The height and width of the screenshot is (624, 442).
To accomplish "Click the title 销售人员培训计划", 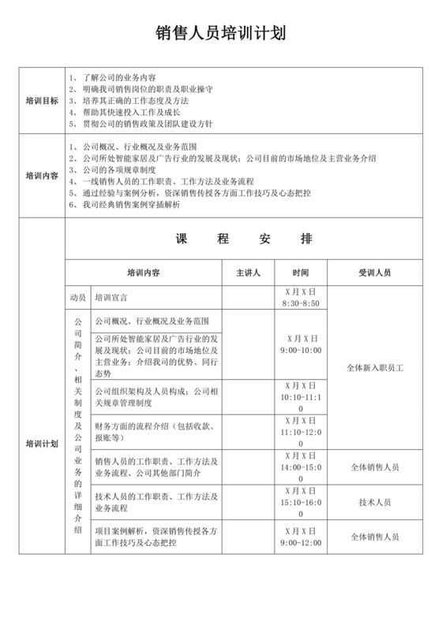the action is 220,33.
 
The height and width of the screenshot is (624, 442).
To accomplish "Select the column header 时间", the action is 300,273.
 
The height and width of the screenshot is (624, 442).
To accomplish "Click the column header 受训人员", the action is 374,273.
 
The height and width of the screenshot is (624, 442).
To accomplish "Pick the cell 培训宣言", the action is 111,298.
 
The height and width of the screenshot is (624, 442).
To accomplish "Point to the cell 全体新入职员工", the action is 374,367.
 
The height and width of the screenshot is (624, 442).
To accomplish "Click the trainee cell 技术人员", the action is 374,501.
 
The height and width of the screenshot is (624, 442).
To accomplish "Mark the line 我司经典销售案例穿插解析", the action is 129,205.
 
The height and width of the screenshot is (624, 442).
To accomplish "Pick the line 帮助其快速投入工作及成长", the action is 129,112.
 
